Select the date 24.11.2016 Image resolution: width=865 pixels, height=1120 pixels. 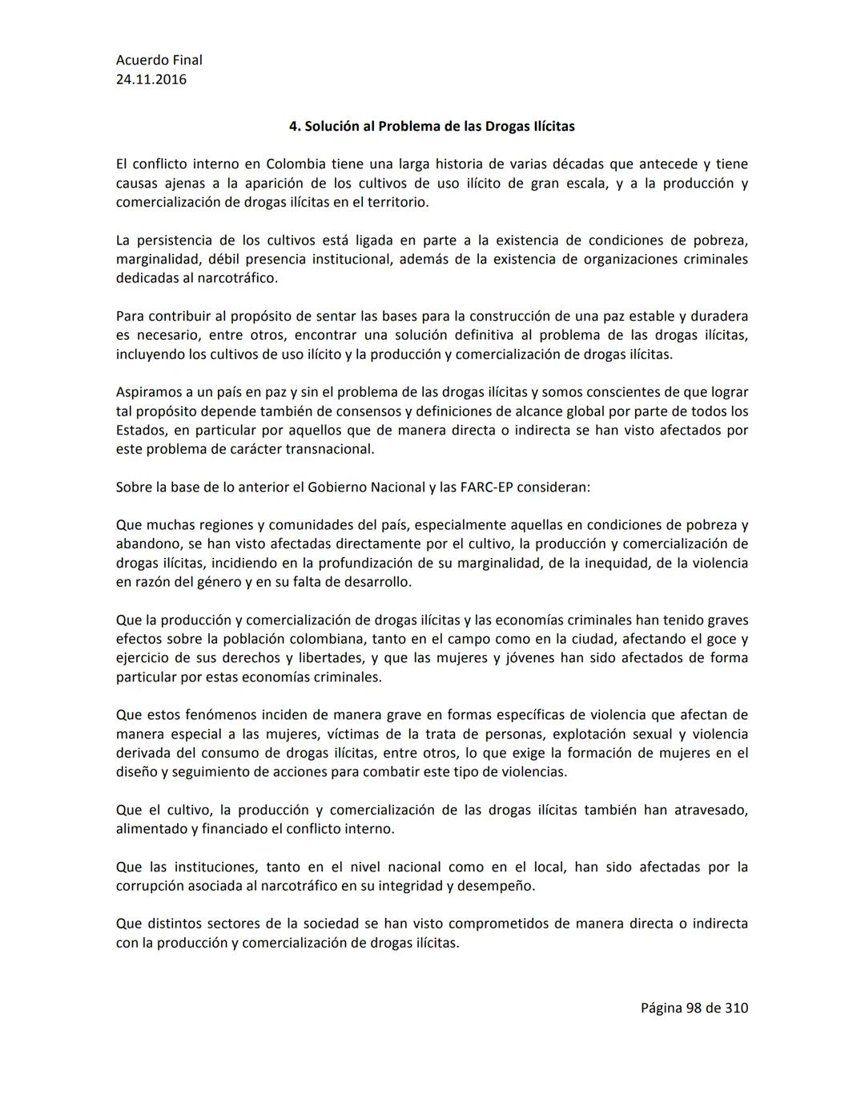[151, 79]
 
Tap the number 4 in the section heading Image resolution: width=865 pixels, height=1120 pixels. [293, 127]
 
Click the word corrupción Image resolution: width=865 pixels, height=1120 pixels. [152, 886]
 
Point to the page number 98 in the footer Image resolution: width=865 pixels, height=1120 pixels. [694, 1008]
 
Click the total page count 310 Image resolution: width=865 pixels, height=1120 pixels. [736, 1008]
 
